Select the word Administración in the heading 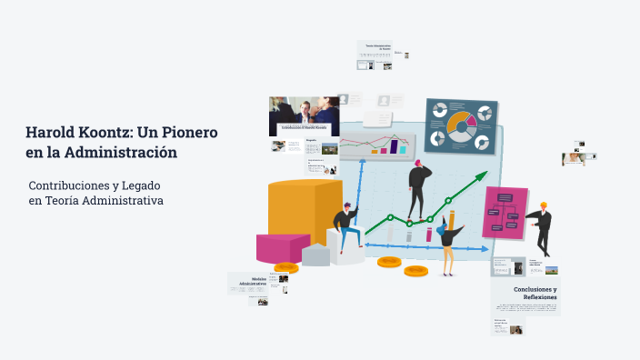click(127, 153)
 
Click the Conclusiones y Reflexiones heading click(535, 293)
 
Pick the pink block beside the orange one click(282, 247)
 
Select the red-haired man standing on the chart click(418, 188)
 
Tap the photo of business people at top click(303, 113)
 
